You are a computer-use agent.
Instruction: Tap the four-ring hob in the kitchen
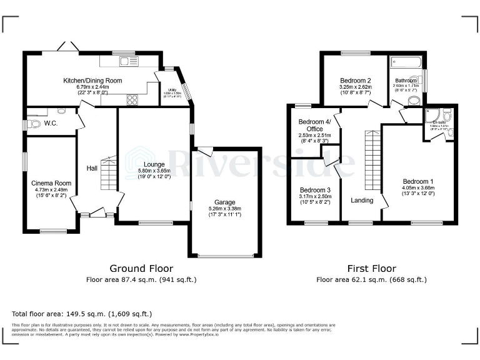[x=132, y=99]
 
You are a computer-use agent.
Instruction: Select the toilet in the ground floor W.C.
[x=35, y=124]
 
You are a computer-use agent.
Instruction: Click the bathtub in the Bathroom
[x=406, y=62]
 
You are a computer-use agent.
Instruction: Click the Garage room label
[x=224, y=202]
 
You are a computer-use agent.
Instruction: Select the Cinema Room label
[x=51, y=183]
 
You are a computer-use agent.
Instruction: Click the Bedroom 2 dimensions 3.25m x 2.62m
[x=356, y=88]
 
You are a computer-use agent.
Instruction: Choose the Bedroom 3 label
[x=314, y=189]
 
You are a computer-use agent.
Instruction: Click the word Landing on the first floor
[x=362, y=201]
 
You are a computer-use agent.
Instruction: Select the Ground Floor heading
[x=141, y=268]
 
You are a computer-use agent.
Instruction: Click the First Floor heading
[x=371, y=268]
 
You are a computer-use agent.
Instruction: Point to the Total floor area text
[x=81, y=313]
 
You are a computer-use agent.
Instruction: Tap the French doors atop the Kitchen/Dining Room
[x=64, y=47]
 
